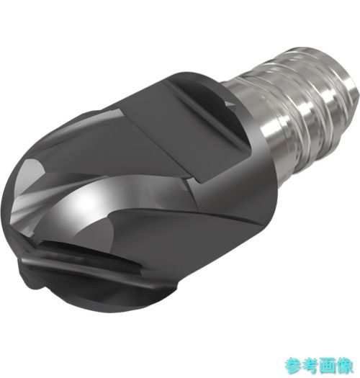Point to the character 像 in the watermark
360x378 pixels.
click(345, 366)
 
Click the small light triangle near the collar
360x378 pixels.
click(228, 104)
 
